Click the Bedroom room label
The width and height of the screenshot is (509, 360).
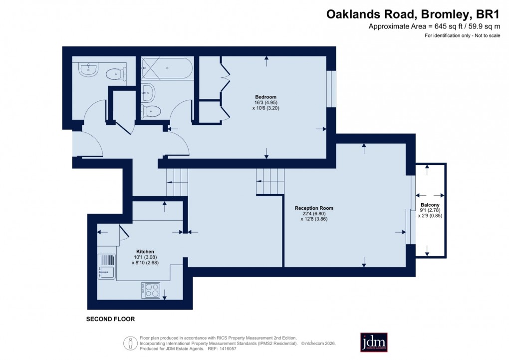click(265, 97)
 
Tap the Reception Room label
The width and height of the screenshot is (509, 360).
click(314, 208)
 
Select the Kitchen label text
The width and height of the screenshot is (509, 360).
click(145, 251)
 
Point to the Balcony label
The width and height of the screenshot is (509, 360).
click(430, 205)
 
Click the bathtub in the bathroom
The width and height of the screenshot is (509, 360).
click(166, 68)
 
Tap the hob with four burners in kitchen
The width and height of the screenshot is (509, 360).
click(150, 290)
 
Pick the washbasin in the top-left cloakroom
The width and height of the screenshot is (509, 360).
click(88, 69)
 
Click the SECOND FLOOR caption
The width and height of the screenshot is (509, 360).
click(110, 319)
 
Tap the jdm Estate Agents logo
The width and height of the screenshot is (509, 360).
click(374, 343)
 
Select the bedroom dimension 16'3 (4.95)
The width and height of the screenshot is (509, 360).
click(265, 102)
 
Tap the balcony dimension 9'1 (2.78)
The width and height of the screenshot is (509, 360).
click(430, 211)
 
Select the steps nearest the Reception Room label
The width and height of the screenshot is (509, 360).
click(270, 181)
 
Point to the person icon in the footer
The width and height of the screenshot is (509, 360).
click(131, 343)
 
